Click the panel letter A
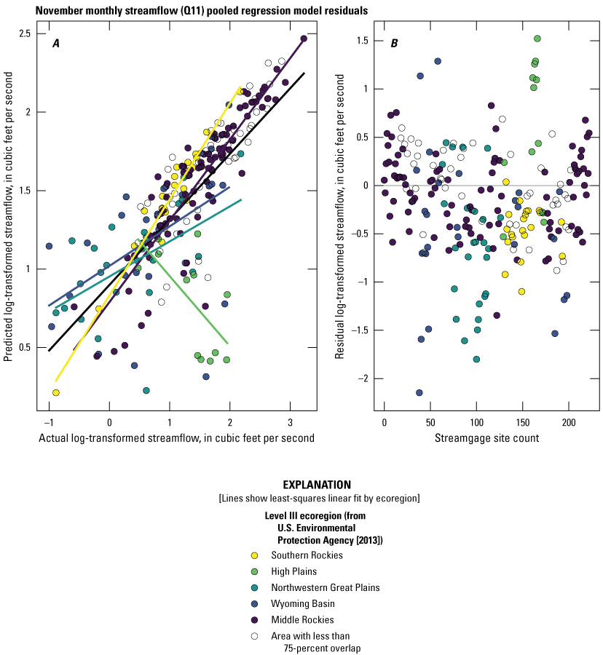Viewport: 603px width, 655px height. pyautogui.click(x=55, y=43)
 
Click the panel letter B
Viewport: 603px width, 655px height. pyautogui.click(x=394, y=43)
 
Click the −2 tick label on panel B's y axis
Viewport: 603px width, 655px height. pyautogui.click(x=361, y=378)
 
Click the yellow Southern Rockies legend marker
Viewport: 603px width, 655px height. pyautogui.click(x=253, y=555)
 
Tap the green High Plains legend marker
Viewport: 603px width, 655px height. pyautogui.click(x=253, y=571)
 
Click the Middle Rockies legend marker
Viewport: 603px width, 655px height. pyautogui.click(x=253, y=619)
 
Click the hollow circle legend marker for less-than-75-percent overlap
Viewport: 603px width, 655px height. pyautogui.click(x=253, y=635)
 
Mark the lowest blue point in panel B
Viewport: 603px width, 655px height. pyautogui.click(x=419, y=393)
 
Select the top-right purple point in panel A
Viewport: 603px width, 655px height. pyautogui.click(x=304, y=39)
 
